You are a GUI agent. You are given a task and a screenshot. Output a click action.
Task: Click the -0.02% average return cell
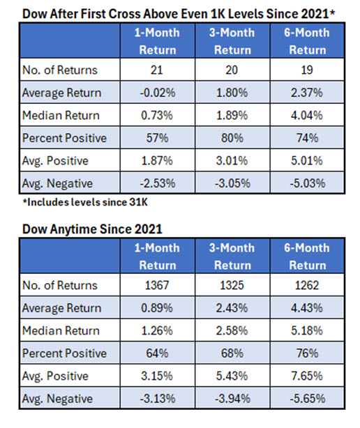click(x=158, y=93)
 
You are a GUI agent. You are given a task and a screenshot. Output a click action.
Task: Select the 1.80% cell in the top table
click(x=232, y=93)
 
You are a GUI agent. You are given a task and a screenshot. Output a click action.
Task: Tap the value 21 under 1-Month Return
click(x=157, y=70)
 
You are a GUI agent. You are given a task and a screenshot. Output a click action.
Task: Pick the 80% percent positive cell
click(x=232, y=137)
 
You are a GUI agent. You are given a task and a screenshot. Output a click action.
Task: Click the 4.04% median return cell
click(x=307, y=115)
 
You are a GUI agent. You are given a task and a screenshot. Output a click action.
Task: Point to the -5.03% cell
click(x=308, y=183)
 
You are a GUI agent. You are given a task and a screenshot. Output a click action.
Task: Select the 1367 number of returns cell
click(x=157, y=285)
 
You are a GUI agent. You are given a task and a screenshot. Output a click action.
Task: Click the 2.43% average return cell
click(x=232, y=308)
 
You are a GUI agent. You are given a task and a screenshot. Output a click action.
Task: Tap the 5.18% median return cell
click(x=307, y=330)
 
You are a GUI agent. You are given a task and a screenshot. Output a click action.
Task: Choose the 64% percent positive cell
click(x=157, y=353)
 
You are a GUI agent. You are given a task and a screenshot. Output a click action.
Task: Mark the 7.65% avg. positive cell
click(x=307, y=376)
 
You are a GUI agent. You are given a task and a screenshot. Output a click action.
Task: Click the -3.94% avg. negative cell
click(x=232, y=399)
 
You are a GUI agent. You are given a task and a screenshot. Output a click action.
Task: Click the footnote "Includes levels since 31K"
click(x=85, y=202)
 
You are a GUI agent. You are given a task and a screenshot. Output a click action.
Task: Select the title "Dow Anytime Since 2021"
click(x=92, y=229)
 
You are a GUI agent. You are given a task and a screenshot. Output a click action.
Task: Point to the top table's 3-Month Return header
click(x=232, y=41)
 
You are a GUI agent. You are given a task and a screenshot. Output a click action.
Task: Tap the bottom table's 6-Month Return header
click(x=307, y=257)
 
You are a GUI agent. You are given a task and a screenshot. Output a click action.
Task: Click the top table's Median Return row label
click(x=61, y=115)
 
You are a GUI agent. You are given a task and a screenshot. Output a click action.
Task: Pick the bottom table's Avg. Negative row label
click(x=58, y=399)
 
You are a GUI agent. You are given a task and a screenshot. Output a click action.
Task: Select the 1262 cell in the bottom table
click(x=307, y=285)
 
